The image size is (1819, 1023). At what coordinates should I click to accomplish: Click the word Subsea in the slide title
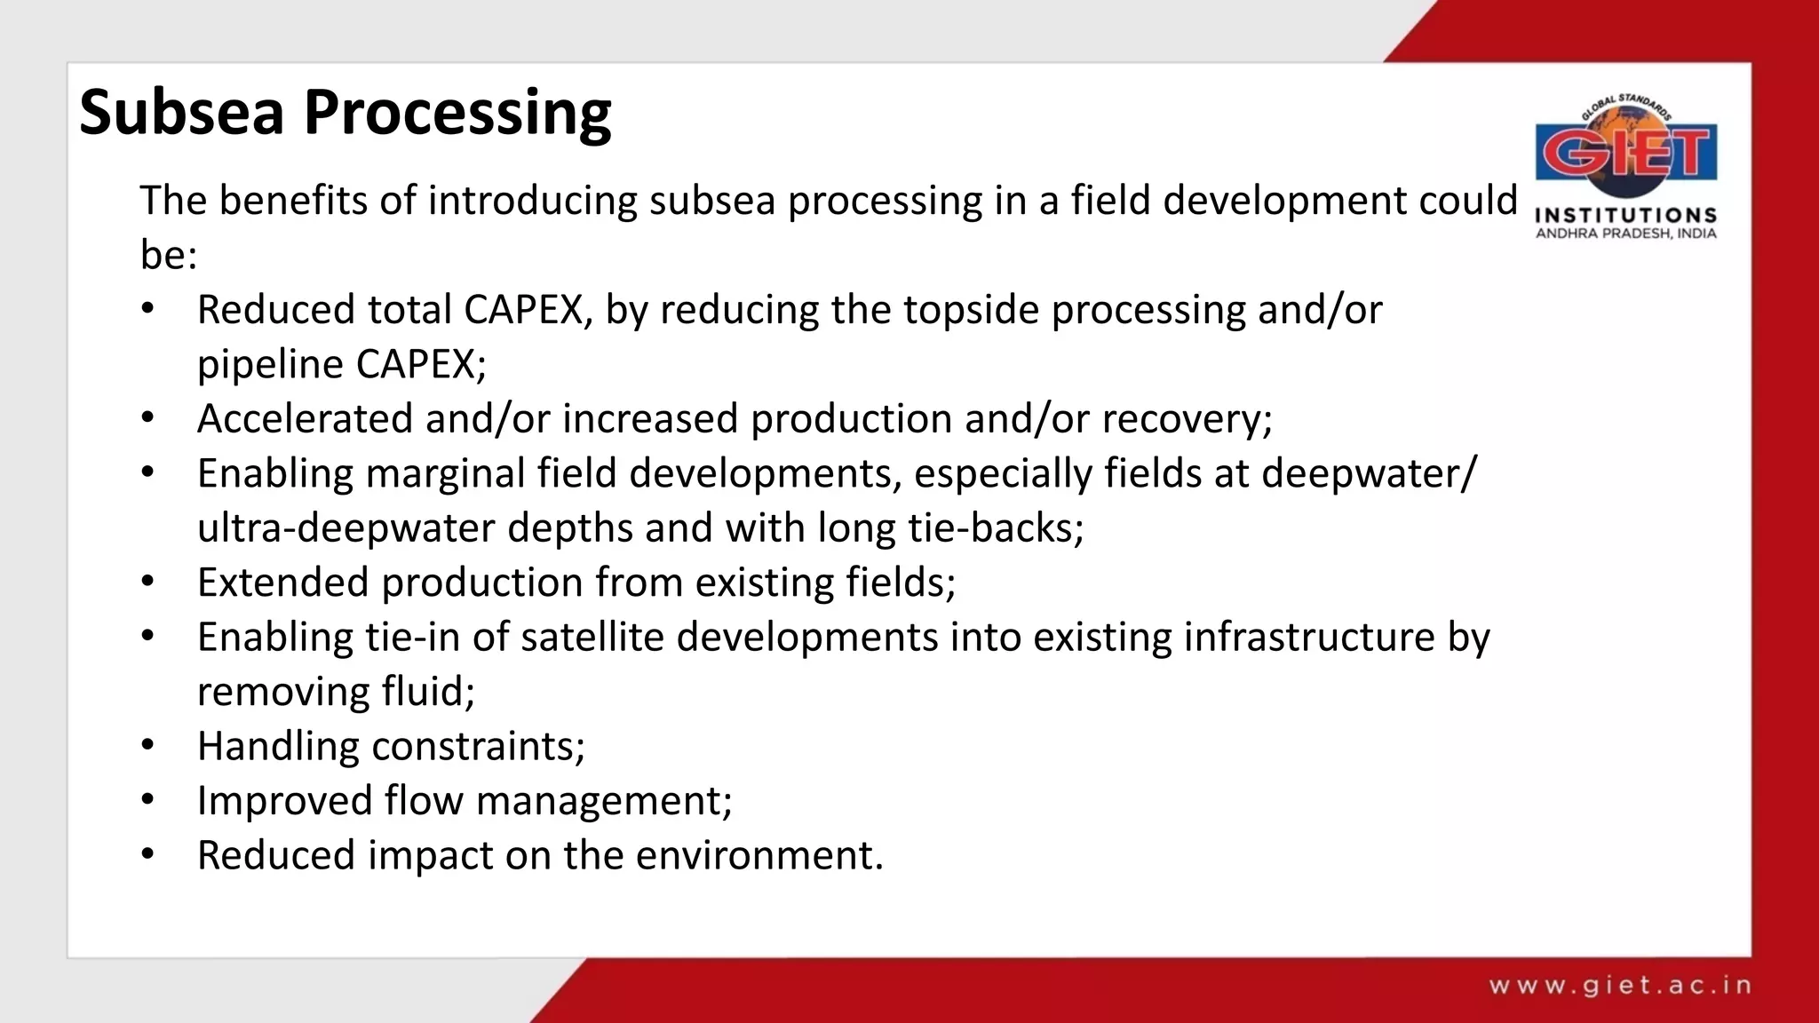click(x=181, y=113)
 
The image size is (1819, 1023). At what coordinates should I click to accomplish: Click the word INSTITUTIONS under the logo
click(x=1625, y=215)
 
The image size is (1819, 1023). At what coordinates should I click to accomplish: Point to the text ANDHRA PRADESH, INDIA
click(x=1625, y=234)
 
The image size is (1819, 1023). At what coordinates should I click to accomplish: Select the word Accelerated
click(x=305, y=418)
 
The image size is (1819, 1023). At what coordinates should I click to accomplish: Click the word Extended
click(x=283, y=583)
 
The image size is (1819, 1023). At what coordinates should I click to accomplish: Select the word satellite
click(x=592, y=637)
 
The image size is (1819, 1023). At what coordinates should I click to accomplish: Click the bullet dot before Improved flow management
click(x=147, y=800)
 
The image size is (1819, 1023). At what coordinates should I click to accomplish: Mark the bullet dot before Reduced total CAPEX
click(x=147, y=309)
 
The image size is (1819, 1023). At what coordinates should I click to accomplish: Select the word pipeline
click(x=270, y=365)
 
